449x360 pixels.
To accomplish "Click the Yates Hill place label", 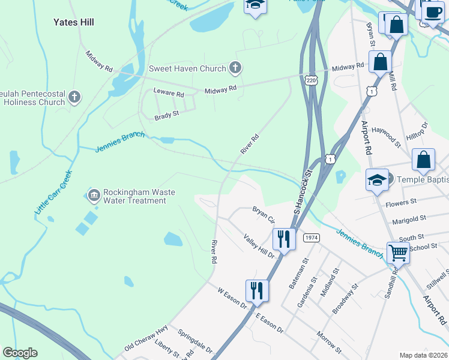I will click(73, 22).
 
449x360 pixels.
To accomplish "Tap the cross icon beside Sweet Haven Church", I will click(236, 68).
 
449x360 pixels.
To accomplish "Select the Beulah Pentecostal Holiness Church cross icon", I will click(74, 97).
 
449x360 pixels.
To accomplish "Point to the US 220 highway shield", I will click(310, 80).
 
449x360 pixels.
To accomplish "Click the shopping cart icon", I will click(398, 253).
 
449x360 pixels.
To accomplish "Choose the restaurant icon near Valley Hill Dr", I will click(284, 238).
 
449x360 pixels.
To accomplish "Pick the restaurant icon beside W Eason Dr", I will click(257, 290).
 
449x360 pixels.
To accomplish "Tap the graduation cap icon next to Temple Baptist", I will click(376, 179).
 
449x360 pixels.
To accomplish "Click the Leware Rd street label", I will click(168, 94).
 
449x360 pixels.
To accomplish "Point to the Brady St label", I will click(167, 113).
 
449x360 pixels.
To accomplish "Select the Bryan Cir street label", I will click(264, 214).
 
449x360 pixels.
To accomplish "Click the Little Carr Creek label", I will click(53, 193).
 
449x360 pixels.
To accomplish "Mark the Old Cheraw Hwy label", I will click(146, 339).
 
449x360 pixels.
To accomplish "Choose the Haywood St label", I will click(386, 137).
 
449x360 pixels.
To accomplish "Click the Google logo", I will click(20, 353).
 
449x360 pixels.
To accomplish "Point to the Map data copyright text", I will click(423, 355).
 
